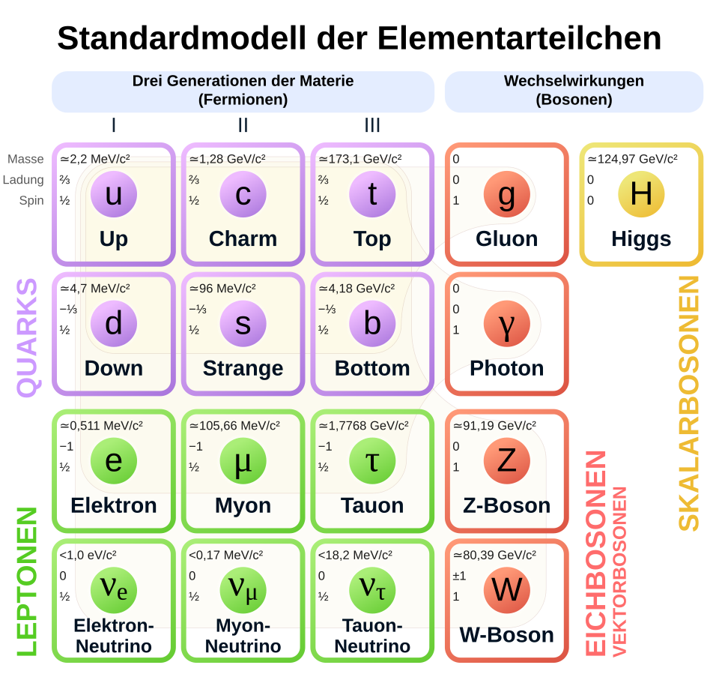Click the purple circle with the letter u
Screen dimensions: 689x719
click(114, 194)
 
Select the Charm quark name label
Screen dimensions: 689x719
click(243, 239)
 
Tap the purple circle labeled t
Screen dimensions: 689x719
click(372, 194)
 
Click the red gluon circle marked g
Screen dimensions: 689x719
click(507, 194)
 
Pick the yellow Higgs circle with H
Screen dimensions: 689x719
click(641, 194)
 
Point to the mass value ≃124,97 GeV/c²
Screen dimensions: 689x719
click(632, 159)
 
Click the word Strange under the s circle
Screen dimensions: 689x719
click(243, 368)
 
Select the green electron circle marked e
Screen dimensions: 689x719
click(114, 460)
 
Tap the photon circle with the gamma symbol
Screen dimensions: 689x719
click(507, 324)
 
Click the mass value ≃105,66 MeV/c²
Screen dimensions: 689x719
click(234, 426)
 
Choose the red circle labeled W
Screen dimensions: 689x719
click(507, 590)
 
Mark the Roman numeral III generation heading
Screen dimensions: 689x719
click(372, 126)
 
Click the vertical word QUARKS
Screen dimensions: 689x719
click(27, 337)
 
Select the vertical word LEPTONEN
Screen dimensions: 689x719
click(27, 582)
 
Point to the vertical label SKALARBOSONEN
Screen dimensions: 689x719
click(688, 403)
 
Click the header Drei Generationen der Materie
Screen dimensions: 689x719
click(243, 81)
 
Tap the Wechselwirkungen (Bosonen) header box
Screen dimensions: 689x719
click(574, 91)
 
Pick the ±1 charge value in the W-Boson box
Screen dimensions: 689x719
click(459, 576)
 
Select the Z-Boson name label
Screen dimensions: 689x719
click(506, 505)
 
